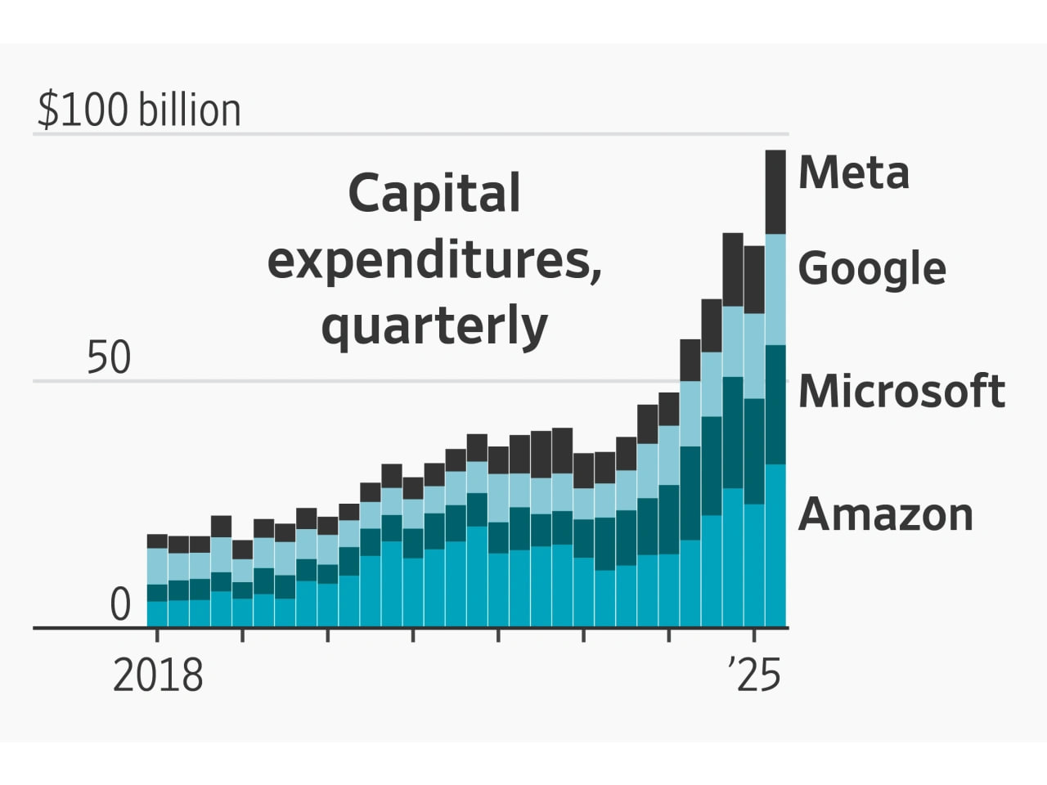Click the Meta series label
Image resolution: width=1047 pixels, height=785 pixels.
pyautogui.click(x=853, y=173)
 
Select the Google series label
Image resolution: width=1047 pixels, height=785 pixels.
pyautogui.click(x=871, y=268)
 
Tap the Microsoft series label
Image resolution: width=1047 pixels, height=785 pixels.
pyautogui.click(x=901, y=391)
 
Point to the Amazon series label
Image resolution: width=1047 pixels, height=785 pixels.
pyautogui.click(x=885, y=514)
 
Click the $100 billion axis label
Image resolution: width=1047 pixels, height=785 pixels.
pyautogui.click(x=139, y=110)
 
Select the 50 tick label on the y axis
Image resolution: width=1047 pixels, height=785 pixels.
pyautogui.click(x=109, y=358)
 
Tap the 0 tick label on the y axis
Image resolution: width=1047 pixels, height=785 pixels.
pyautogui.click(x=120, y=606)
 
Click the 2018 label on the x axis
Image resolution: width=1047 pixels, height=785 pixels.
pyautogui.click(x=157, y=676)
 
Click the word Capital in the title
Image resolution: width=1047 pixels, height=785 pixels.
pyautogui.click(x=434, y=194)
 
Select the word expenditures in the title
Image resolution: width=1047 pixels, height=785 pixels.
pyautogui.click(x=434, y=261)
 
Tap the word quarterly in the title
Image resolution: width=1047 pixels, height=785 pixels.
pyautogui.click(x=434, y=326)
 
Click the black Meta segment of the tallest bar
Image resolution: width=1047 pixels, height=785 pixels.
pyautogui.click(x=775, y=192)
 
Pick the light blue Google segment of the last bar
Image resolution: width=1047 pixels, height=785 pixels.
pyautogui.click(x=775, y=289)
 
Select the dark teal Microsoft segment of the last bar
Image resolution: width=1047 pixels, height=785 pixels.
pyautogui.click(x=775, y=404)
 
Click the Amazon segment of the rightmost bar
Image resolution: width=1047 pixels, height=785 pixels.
pyautogui.click(x=775, y=545)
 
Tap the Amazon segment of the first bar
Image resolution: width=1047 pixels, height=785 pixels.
pyautogui.click(x=157, y=614)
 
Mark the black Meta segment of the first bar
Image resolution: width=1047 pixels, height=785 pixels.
pyautogui.click(x=157, y=541)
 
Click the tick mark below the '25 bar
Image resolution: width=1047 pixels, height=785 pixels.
pyautogui.click(x=754, y=635)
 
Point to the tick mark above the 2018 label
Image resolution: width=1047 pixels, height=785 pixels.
pyautogui.click(x=157, y=635)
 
